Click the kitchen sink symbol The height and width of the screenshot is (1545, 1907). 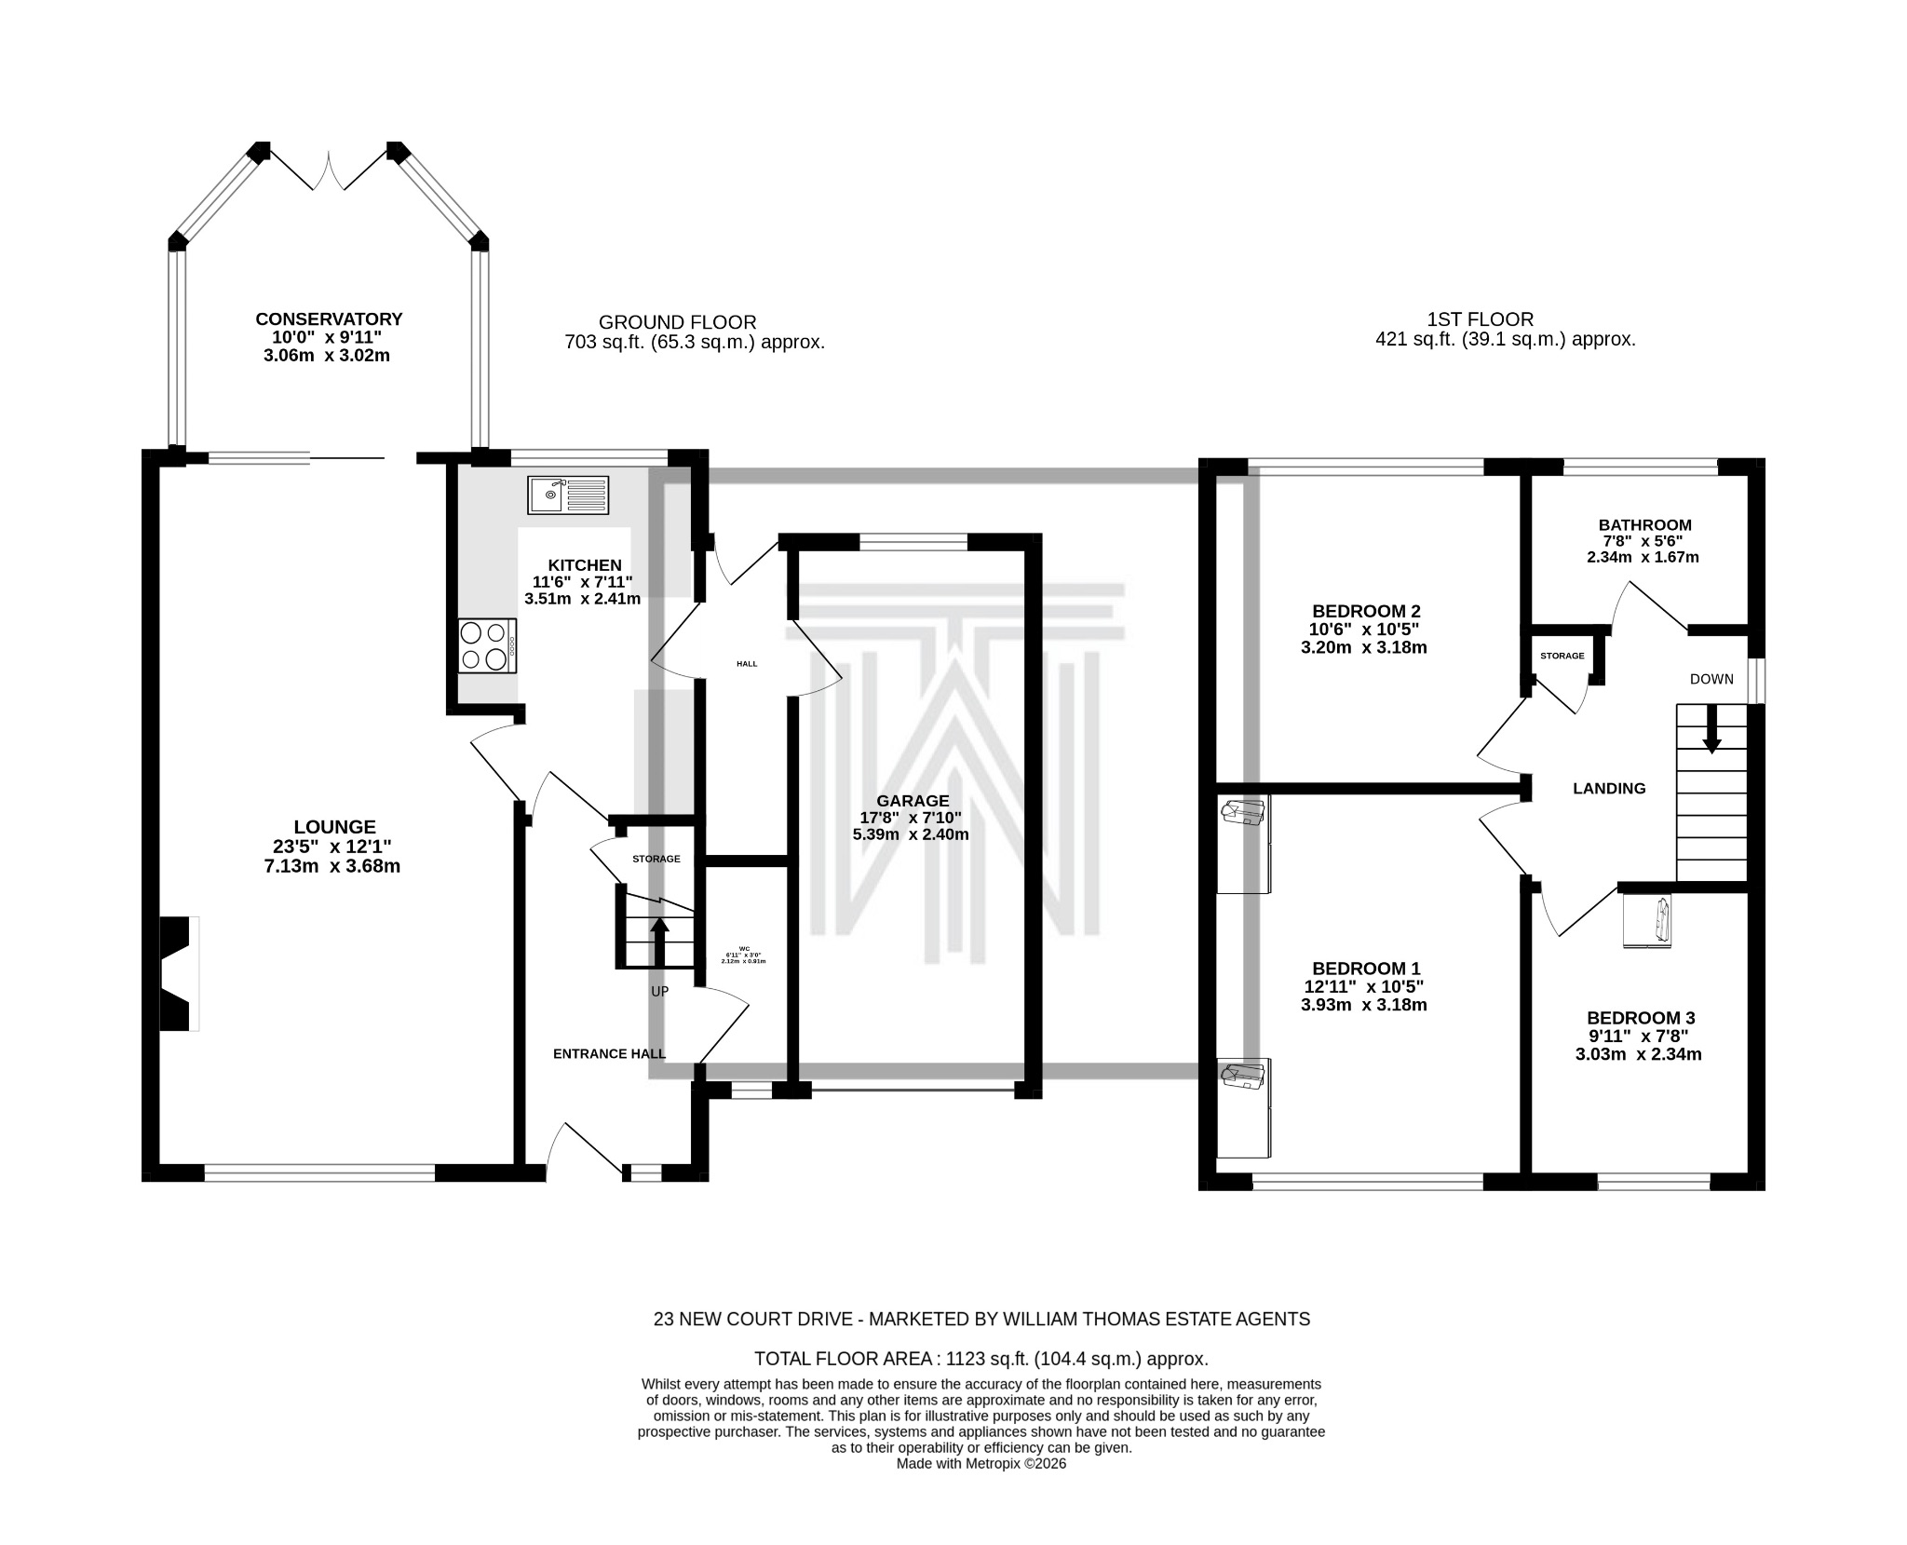(x=568, y=495)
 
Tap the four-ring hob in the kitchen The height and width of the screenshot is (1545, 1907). (x=487, y=645)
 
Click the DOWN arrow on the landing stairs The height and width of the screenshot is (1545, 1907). (x=1711, y=728)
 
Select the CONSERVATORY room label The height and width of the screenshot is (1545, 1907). (x=329, y=319)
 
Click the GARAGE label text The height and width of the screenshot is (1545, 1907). (x=913, y=801)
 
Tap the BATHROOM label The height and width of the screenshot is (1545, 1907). (x=1644, y=525)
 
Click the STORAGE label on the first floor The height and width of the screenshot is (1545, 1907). (x=1562, y=657)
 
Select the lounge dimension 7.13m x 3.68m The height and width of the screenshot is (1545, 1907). (x=331, y=867)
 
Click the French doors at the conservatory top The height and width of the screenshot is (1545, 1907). (x=329, y=172)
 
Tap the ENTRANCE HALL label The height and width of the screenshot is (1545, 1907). (x=609, y=1054)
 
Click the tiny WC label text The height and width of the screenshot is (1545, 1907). (x=743, y=949)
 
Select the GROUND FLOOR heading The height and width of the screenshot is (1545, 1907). (x=677, y=322)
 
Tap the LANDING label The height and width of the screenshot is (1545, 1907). (x=1609, y=789)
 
